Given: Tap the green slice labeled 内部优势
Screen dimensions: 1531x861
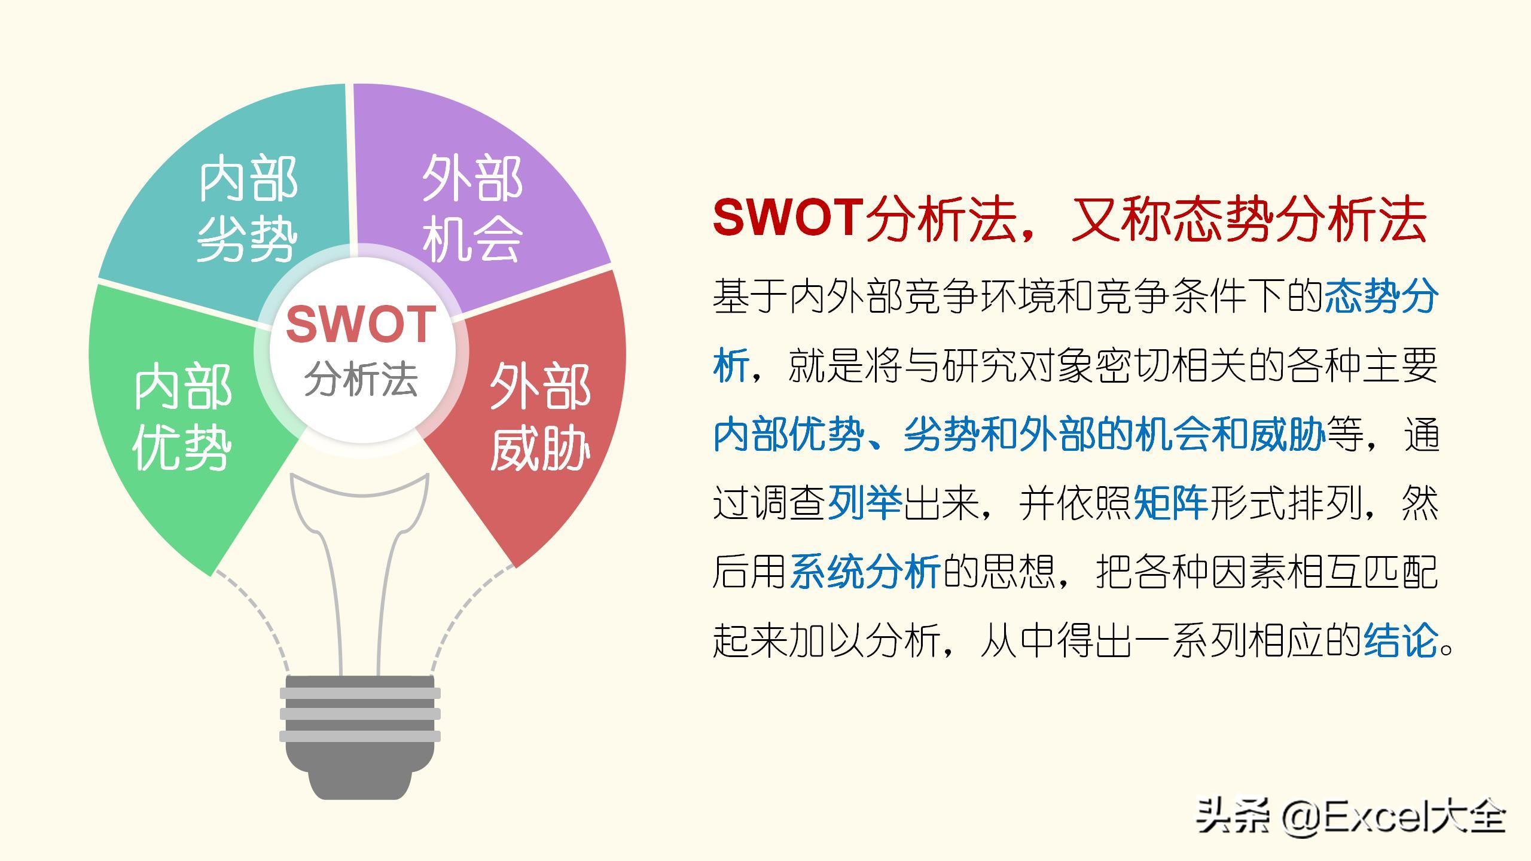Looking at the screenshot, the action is tap(179, 419).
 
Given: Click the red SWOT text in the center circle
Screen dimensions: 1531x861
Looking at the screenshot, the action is tap(361, 323).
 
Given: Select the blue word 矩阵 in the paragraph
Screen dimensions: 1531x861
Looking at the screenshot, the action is tap(1171, 503).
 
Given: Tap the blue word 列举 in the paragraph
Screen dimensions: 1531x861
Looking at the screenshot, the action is tap(865, 503).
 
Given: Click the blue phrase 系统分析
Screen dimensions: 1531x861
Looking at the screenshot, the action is tap(865, 572).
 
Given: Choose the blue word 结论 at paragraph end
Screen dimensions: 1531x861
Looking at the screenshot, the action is tap(1401, 640).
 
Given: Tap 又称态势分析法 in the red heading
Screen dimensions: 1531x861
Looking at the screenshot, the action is tap(1249, 218).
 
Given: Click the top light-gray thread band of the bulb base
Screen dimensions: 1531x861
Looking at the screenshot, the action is tap(360, 694).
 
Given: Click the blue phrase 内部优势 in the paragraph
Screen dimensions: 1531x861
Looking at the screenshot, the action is tap(788, 434).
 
